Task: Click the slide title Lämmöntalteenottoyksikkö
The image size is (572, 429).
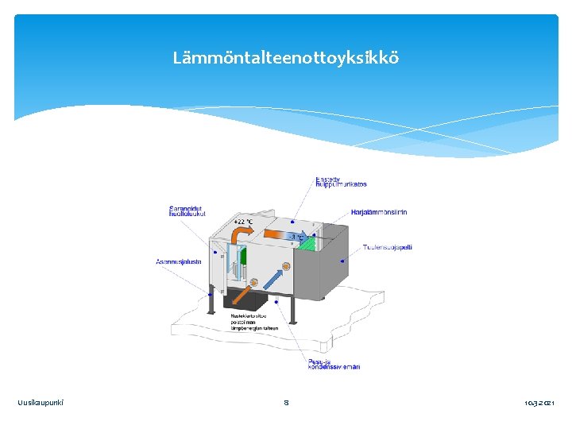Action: point(286,58)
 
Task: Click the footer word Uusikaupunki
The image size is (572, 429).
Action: point(41,403)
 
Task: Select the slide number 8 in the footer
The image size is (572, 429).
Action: point(286,403)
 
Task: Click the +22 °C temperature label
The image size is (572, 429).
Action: point(243,222)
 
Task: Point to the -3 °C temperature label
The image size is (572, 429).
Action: point(296,237)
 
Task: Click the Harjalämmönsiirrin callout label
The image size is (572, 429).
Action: point(379,212)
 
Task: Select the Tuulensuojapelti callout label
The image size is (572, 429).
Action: point(388,247)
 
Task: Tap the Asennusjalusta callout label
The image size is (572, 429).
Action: point(179,261)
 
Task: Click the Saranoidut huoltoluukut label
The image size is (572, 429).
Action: point(187,211)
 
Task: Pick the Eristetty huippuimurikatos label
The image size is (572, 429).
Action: point(341,181)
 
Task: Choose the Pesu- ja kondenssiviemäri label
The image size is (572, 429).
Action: point(334,363)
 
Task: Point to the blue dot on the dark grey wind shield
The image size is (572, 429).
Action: point(342,260)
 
